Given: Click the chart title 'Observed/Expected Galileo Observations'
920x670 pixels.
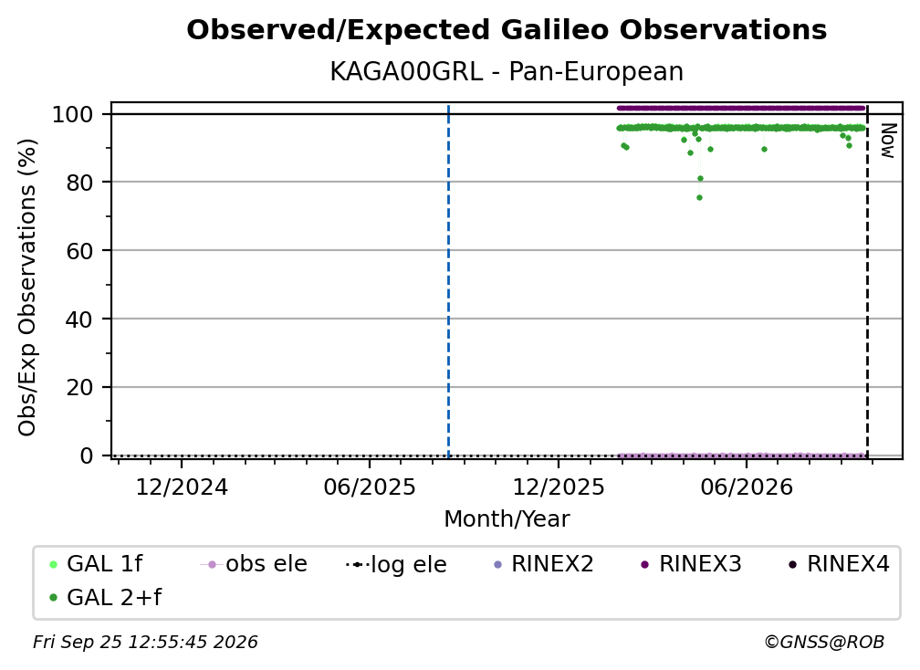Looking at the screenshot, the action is point(507,30).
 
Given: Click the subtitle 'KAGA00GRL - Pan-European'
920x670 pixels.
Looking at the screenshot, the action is point(507,72).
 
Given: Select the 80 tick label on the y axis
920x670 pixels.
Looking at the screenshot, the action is point(79,183).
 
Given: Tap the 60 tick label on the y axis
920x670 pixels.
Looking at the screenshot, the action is point(79,250).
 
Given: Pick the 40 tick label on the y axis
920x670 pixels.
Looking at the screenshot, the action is point(79,319).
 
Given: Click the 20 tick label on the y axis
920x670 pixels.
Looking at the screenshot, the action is point(79,387).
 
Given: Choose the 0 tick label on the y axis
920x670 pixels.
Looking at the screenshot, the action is point(87,455).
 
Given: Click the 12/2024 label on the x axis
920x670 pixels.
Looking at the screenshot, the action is point(182,487).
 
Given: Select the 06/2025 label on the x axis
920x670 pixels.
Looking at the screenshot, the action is point(370,487).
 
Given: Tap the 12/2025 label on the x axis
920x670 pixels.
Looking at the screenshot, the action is point(559,487).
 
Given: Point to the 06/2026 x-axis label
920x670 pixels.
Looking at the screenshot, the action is point(747,487).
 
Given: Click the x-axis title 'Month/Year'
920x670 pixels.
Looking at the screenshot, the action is point(507,519).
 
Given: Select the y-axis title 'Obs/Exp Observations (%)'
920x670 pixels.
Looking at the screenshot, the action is point(27,288).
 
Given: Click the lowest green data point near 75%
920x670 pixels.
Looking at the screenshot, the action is point(699,198).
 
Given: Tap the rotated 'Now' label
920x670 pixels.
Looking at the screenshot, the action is point(888,141).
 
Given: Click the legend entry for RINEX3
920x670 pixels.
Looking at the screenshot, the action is point(691,564).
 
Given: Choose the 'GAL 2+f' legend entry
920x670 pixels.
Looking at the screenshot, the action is point(106,598).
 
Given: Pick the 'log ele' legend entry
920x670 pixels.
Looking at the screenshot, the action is point(397,564).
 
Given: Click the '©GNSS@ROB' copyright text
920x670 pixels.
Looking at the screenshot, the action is point(824,643).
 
